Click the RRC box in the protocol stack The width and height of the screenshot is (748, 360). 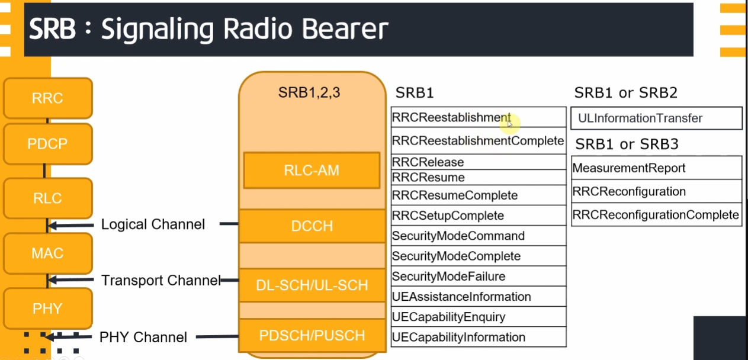click(x=47, y=98)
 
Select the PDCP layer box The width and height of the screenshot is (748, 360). click(x=47, y=144)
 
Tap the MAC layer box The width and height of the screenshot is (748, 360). click(x=47, y=253)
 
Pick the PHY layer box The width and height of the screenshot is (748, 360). click(x=47, y=308)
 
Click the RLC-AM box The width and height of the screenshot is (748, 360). click(x=312, y=171)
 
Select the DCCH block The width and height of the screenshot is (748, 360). click(x=312, y=226)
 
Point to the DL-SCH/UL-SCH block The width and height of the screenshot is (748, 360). click(x=312, y=285)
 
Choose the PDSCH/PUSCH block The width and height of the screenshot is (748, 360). click(x=312, y=336)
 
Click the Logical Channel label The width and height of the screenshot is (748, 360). click(x=153, y=224)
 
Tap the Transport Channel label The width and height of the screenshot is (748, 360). click(x=160, y=280)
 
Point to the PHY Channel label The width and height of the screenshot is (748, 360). click(x=143, y=337)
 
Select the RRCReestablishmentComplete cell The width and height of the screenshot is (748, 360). click(x=478, y=141)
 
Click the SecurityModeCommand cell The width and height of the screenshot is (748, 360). click(x=458, y=236)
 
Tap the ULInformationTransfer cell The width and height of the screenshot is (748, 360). click(x=640, y=118)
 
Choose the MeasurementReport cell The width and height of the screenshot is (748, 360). click(x=629, y=168)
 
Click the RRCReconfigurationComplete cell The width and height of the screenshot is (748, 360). click(x=656, y=215)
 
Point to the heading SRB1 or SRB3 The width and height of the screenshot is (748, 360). click(x=627, y=144)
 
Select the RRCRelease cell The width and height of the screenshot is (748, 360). click(x=428, y=162)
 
